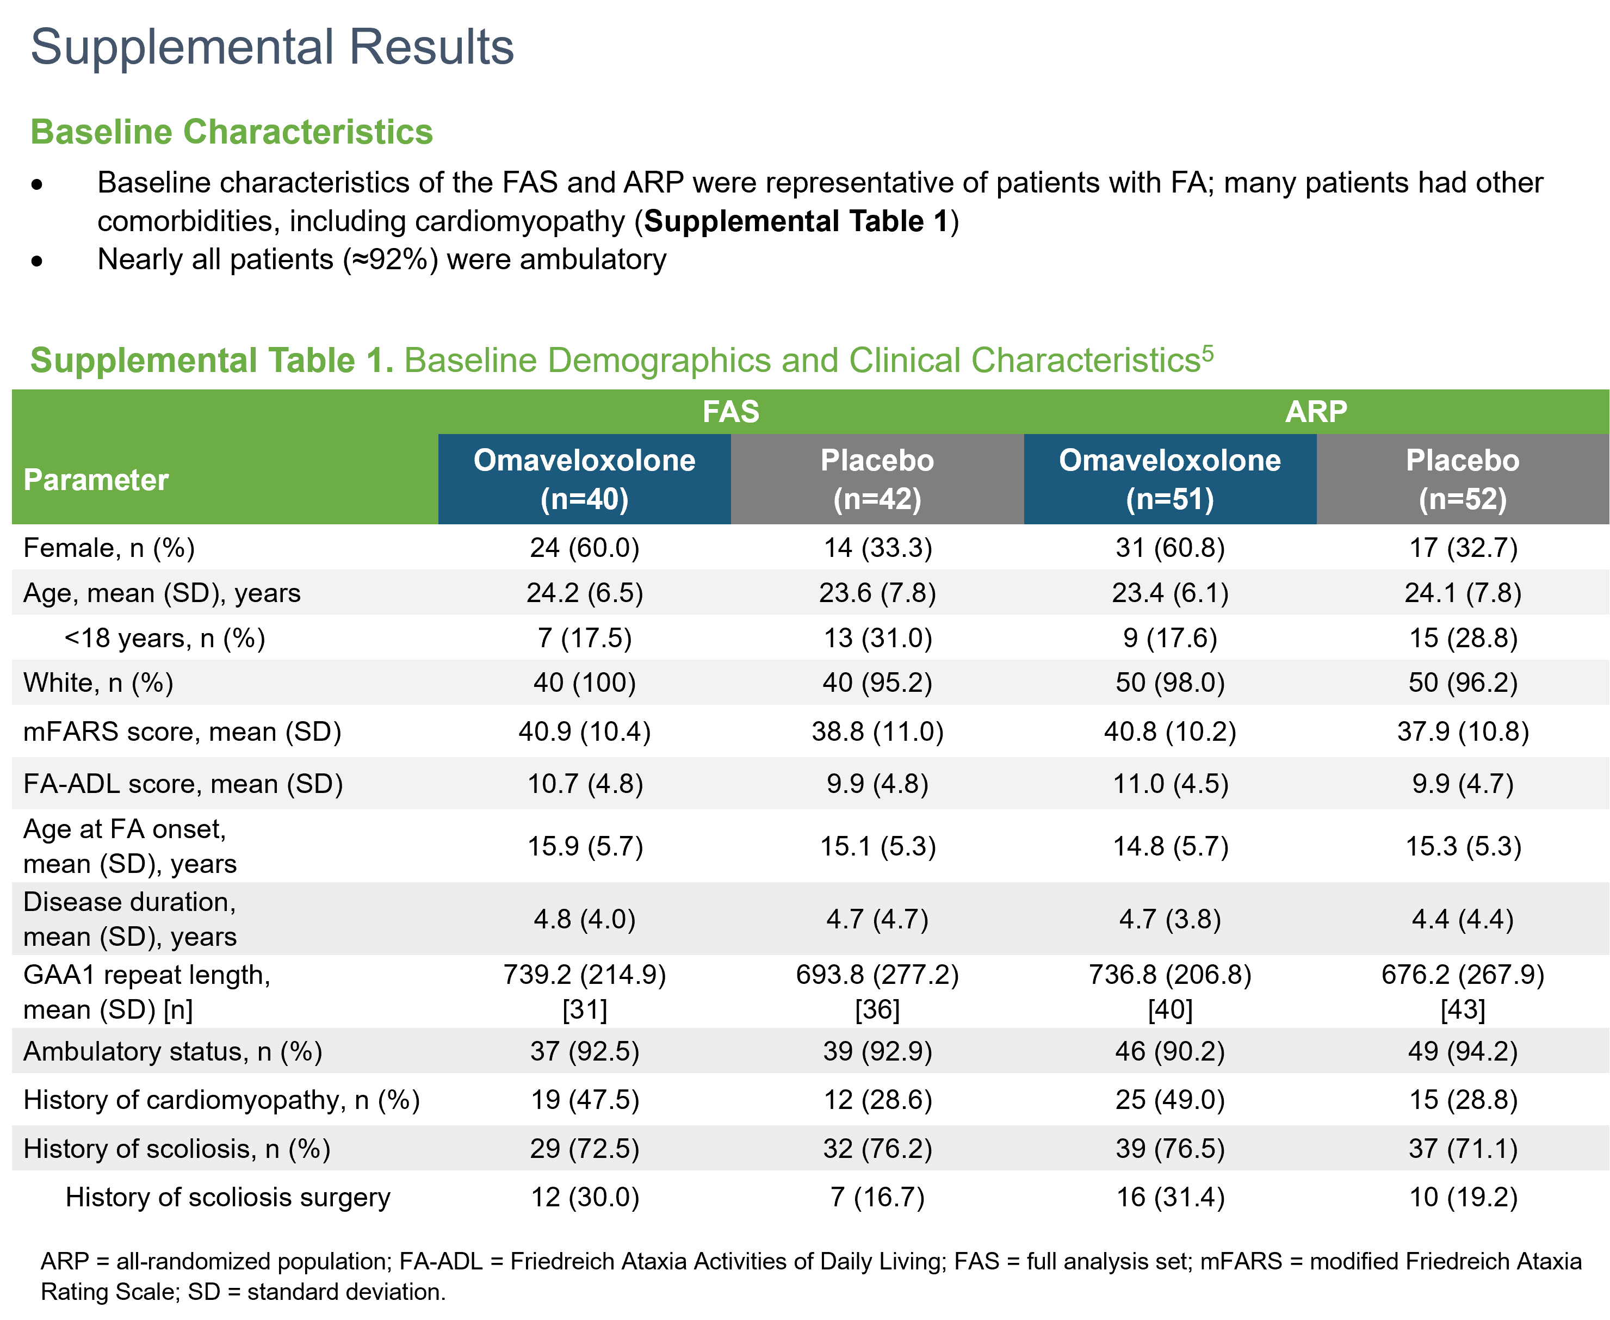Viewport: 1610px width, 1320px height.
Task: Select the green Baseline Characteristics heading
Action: coord(231,132)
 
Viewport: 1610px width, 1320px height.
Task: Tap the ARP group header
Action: coord(1316,411)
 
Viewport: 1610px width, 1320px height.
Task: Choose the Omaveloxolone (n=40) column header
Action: coord(584,479)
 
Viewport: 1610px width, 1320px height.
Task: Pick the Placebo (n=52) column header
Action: coord(1463,479)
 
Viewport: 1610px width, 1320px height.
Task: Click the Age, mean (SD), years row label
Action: coord(162,592)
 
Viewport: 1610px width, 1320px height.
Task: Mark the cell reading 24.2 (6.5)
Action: coord(584,592)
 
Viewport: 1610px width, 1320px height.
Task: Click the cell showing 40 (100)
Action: coord(584,682)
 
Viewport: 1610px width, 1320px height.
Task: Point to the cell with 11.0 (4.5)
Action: coord(1171,783)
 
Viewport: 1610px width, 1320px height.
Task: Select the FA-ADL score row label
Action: coord(183,783)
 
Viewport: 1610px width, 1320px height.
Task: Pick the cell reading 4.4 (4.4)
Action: coord(1463,919)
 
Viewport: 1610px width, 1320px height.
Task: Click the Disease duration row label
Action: coord(130,919)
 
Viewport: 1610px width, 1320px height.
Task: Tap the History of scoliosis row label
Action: coord(176,1148)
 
